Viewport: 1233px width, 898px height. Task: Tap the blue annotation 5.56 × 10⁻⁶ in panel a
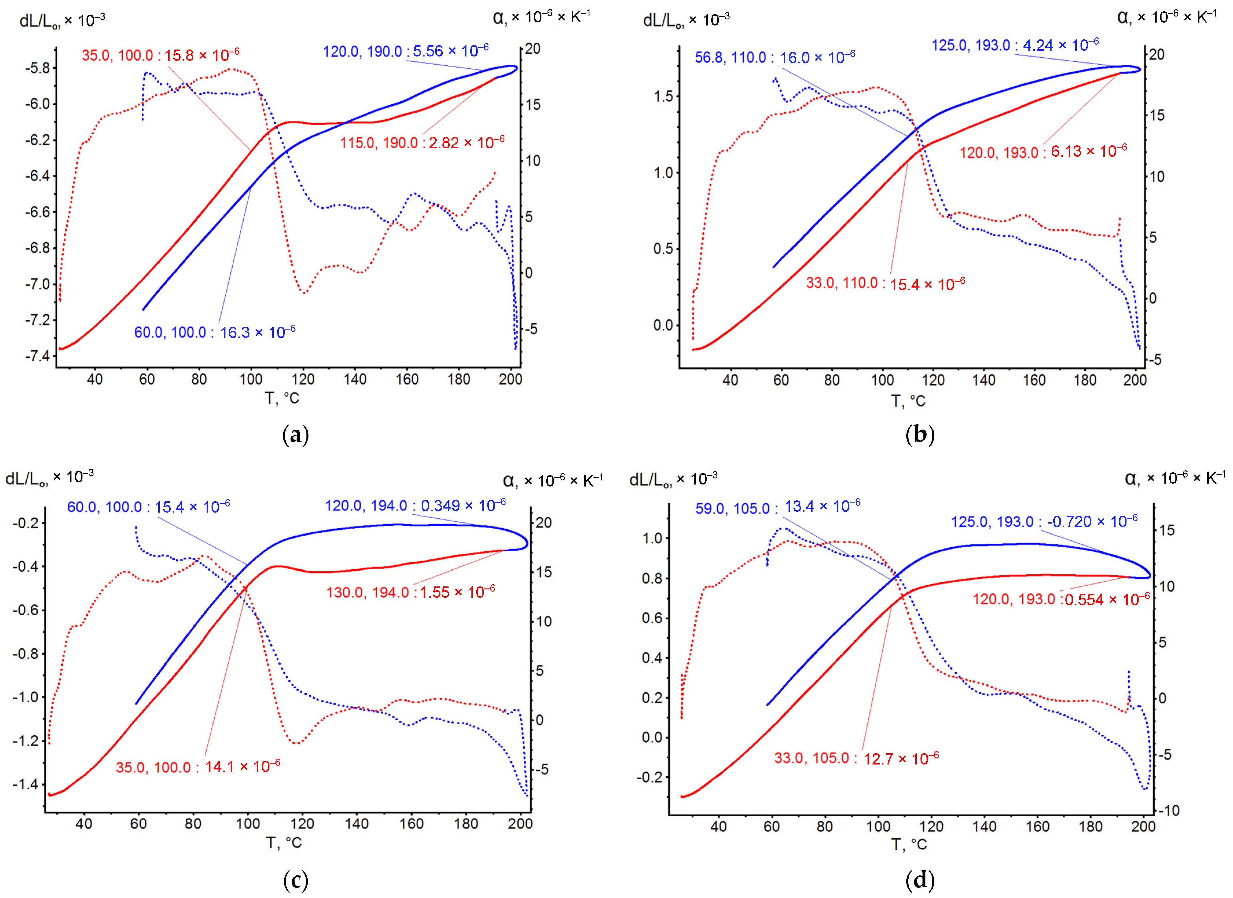click(x=406, y=52)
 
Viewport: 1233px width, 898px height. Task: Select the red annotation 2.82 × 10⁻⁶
click(x=422, y=143)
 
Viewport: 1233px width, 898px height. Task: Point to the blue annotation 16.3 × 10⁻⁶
click(x=215, y=332)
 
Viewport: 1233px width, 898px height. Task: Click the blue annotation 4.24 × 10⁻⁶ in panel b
click(x=1015, y=45)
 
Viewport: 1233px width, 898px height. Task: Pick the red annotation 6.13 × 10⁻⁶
click(x=1043, y=152)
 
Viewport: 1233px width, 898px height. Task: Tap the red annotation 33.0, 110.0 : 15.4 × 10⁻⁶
click(x=885, y=284)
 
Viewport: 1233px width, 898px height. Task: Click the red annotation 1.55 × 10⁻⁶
click(x=410, y=592)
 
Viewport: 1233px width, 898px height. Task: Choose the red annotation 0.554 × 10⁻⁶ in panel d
click(x=1061, y=599)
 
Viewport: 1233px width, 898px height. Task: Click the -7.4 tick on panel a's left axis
click(x=37, y=356)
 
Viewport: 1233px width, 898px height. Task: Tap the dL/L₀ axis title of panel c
click(x=49, y=478)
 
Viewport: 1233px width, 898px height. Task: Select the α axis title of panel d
click(x=1174, y=479)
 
